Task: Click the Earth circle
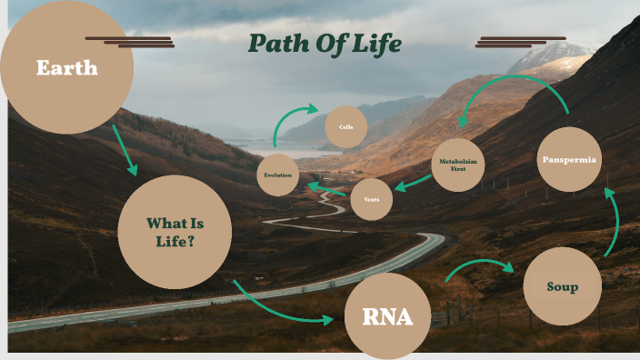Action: coord(66,67)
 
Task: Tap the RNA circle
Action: coord(387,317)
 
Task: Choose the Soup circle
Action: coord(563,286)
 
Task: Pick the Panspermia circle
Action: coord(569,159)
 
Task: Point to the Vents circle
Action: coord(371,199)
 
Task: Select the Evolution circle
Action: coord(277,175)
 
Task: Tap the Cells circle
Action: coord(345,127)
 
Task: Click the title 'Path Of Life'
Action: coord(325,44)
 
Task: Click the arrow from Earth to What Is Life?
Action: coord(125,150)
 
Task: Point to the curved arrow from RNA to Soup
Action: coord(479,266)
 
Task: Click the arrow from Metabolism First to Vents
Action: coord(413,183)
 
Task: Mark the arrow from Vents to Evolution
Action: coord(326,191)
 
